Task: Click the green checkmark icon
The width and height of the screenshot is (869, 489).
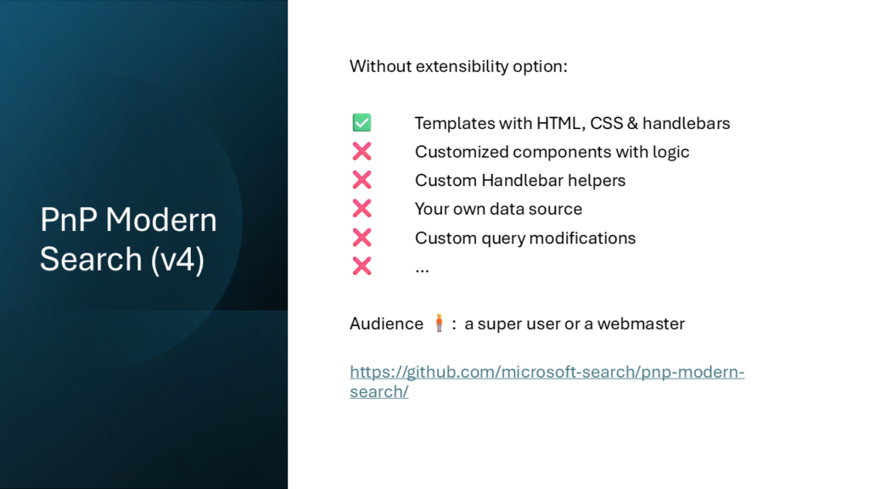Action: pyautogui.click(x=362, y=122)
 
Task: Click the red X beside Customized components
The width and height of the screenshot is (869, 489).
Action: pyautogui.click(x=362, y=151)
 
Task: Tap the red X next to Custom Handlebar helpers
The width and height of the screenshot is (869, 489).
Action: pyautogui.click(x=362, y=180)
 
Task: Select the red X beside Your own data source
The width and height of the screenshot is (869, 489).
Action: pyautogui.click(x=362, y=209)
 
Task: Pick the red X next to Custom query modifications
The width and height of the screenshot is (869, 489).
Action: pyautogui.click(x=362, y=238)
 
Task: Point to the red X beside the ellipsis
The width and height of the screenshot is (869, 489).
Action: pyautogui.click(x=362, y=266)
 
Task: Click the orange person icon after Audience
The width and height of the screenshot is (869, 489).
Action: pyautogui.click(x=439, y=323)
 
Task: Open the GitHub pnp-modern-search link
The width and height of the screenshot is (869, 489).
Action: pyautogui.click(x=547, y=381)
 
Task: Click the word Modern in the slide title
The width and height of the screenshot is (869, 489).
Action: pyautogui.click(x=161, y=220)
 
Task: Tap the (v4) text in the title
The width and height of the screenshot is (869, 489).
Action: pyautogui.click(x=177, y=260)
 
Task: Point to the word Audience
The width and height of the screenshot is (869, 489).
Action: pyautogui.click(x=386, y=323)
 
